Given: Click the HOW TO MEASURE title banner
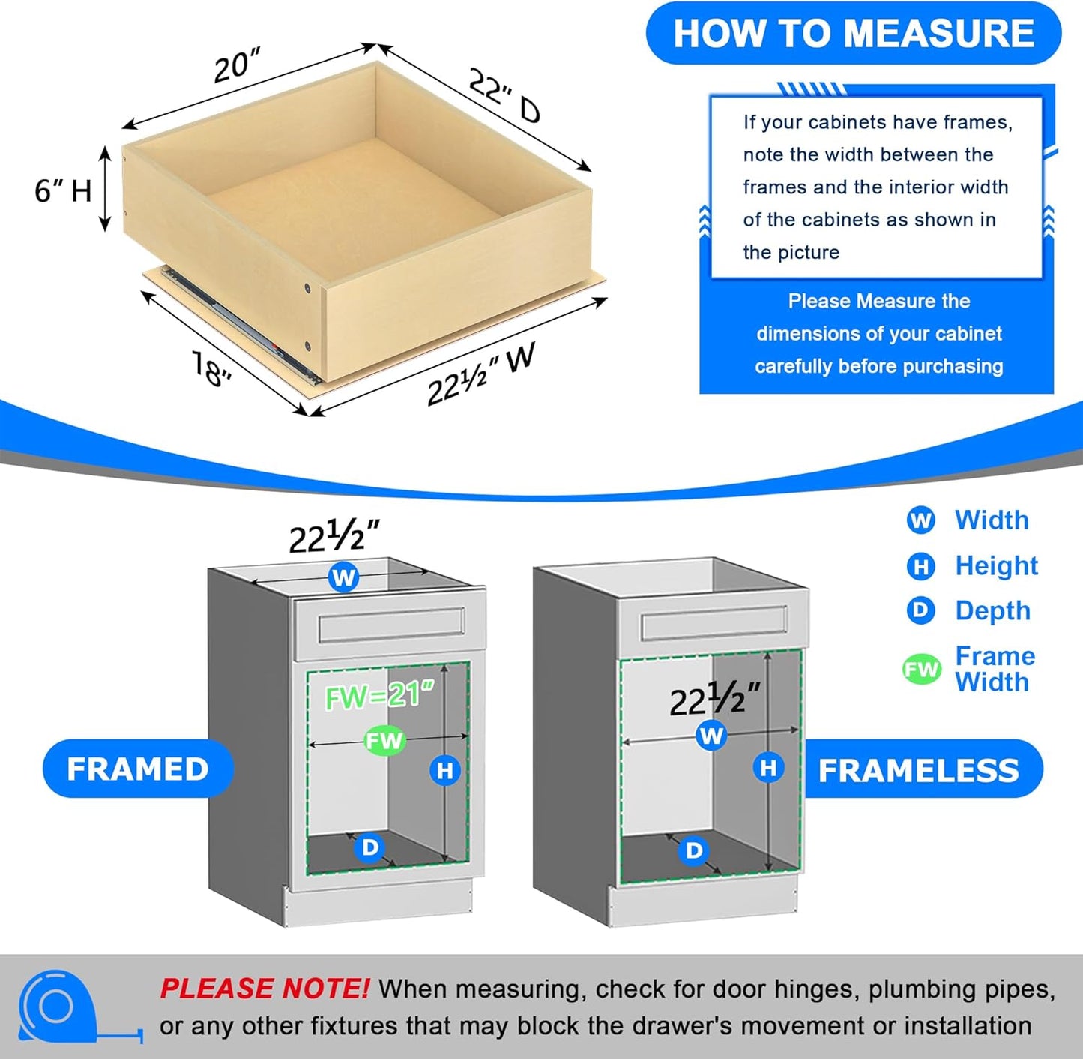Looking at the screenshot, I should point(853,34).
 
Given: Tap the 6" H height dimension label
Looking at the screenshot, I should point(63,190).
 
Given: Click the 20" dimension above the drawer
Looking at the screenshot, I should point(236,66).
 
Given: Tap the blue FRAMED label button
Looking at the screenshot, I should point(138,769).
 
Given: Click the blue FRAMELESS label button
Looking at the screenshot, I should point(919,770).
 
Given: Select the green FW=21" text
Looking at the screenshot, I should point(379,696).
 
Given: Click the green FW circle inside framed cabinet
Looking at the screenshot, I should point(384,741).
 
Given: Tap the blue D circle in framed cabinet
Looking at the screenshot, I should point(370,847).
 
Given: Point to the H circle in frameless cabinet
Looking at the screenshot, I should point(768,768).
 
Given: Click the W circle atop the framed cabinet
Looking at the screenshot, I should point(343,577).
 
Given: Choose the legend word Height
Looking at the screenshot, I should point(996,565).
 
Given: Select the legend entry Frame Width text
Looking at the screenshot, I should point(994,669).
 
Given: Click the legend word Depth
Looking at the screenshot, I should point(992,610).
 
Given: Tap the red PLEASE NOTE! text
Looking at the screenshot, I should point(264,988).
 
